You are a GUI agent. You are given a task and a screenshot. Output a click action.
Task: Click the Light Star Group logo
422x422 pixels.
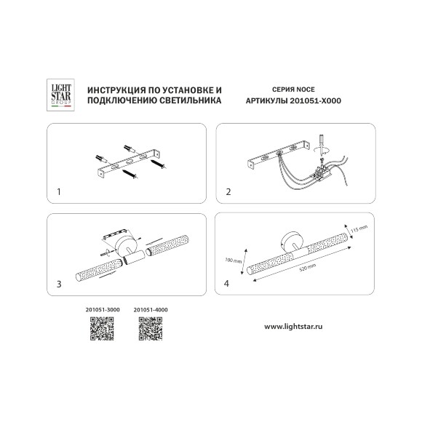tap(60, 95)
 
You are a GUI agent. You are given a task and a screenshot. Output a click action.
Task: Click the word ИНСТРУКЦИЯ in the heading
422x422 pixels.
tap(114, 90)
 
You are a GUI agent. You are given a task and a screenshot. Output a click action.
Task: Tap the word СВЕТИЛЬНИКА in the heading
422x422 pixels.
tap(191, 100)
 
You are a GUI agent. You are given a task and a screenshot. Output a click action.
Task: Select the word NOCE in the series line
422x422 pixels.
tap(305, 89)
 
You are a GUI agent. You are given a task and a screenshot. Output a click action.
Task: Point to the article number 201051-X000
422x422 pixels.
tap(316, 101)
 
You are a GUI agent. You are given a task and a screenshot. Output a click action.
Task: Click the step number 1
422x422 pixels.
tap(59, 192)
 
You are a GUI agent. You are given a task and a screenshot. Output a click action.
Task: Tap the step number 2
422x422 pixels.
tap(228, 192)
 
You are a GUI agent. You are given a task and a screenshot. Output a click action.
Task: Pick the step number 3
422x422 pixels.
tap(59, 284)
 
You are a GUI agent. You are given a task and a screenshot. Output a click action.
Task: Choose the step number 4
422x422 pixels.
tap(226, 284)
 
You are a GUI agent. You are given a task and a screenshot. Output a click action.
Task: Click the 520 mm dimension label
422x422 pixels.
tap(308, 268)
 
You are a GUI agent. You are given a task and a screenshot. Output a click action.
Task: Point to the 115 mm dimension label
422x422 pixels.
tap(359, 229)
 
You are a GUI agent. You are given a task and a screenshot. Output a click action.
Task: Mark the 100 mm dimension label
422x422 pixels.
tap(234, 260)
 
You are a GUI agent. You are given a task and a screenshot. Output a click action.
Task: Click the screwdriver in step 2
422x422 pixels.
tap(321, 145)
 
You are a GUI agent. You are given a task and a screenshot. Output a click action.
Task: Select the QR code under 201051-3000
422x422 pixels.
tap(102, 329)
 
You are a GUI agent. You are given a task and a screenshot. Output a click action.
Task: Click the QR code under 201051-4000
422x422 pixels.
tap(151, 329)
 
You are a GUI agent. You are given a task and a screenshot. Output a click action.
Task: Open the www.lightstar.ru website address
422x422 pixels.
tap(293, 327)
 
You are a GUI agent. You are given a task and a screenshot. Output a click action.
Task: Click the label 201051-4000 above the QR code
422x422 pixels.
tap(151, 310)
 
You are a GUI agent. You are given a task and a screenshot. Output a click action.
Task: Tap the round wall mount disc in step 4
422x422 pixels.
tap(290, 242)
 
